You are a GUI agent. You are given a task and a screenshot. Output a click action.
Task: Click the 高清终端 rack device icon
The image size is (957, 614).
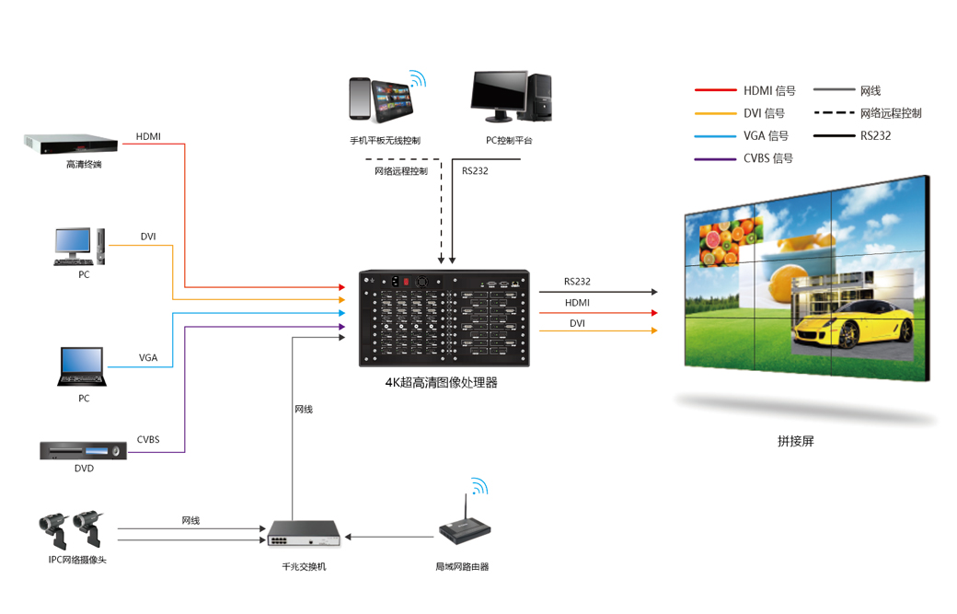71,144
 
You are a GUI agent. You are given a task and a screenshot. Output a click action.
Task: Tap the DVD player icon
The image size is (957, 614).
83,450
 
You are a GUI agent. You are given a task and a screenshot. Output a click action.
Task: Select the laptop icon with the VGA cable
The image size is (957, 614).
83,367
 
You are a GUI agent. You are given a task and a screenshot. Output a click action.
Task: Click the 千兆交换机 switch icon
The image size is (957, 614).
304,534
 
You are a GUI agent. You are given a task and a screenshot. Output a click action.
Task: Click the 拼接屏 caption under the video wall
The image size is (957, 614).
795,441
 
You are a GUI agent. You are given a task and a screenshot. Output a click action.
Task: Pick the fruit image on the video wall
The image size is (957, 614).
729,242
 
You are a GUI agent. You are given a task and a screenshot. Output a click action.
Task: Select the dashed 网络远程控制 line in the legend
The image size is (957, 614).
834,113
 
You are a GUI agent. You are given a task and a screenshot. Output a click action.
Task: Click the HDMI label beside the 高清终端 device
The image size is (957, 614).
148,137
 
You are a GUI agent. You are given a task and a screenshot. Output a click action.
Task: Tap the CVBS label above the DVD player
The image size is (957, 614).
148,439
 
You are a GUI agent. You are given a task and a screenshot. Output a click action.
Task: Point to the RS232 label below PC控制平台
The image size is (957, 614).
475,170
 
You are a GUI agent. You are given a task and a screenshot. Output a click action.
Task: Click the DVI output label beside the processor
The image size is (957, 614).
577,323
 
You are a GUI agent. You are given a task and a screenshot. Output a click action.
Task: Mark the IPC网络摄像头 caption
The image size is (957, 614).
77,560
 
